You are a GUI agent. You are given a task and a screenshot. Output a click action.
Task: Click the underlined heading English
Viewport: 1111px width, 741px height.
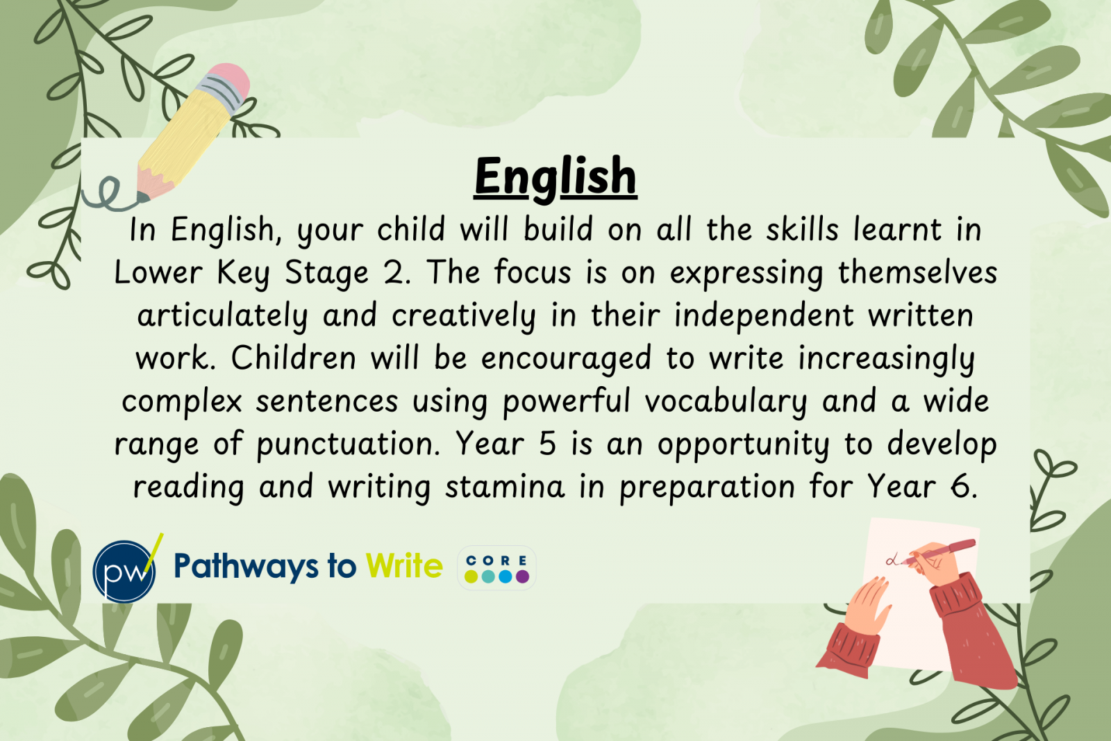pyautogui.click(x=555, y=178)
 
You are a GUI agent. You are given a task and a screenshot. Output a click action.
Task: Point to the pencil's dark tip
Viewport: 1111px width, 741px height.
pyautogui.click(x=143, y=197)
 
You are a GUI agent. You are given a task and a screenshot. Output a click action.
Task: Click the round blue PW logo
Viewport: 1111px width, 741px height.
pyautogui.click(x=124, y=572)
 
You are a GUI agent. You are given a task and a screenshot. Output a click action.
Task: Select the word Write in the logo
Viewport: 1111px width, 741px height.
pyautogui.click(x=404, y=565)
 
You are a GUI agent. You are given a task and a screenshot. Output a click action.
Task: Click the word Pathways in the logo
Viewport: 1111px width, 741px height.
pyautogui.click(x=246, y=567)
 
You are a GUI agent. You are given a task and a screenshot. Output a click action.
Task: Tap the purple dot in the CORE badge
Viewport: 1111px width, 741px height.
pyautogui.click(x=522, y=576)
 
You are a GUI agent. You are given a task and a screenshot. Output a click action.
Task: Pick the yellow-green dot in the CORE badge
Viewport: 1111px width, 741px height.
pyautogui.click(x=471, y=576)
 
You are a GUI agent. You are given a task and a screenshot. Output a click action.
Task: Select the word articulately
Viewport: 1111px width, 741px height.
pyautogui.click(x=223, y=316)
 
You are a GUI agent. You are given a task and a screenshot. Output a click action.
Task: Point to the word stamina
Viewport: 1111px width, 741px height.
pyautogui.click(x=504, y=487)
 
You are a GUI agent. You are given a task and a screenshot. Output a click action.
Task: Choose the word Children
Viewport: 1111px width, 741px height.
pyautogui.click(x=293, y=358)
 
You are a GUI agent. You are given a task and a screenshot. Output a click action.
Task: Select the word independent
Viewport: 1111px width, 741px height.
pyautogui.click(x=764, y=316)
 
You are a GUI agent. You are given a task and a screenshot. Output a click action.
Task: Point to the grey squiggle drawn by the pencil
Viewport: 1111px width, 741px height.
pyautogui.click(x=110, y=194)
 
